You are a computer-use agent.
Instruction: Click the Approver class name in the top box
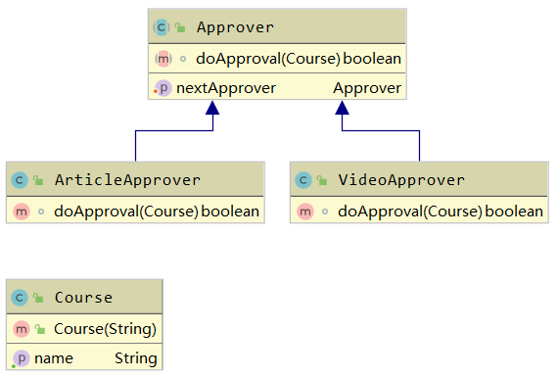click(x=235, y=26)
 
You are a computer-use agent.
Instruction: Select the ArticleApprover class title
click(x=127, y=180)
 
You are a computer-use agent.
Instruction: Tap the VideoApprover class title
click(x=401, y=180)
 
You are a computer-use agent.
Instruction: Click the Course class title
click(x=83, y=298)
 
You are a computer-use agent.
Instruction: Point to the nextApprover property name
click(x=225, y=88)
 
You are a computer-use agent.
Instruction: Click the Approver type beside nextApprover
click(x=367, y=88)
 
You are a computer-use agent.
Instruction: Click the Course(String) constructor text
click(x=105, y=328)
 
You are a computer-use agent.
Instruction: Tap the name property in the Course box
click(x=54, y=358)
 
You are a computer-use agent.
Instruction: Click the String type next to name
click(x=135, y=358)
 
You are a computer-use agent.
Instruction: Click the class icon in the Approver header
click(x=162, y=27)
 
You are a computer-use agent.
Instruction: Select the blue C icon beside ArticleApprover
click(x=19, y=180)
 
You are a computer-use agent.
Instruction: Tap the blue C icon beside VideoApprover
click(x=303, y=180)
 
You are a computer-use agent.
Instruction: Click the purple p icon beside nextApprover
click(x=163, y=88)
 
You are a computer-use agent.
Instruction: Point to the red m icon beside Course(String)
click(x=20, y=328)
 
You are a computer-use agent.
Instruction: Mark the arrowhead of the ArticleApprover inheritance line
click(x=209, y=109)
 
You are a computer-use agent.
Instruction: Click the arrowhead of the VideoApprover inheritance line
click(x=343, y=109)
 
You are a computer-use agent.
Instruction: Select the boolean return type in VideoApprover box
click(x=514, y=211)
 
